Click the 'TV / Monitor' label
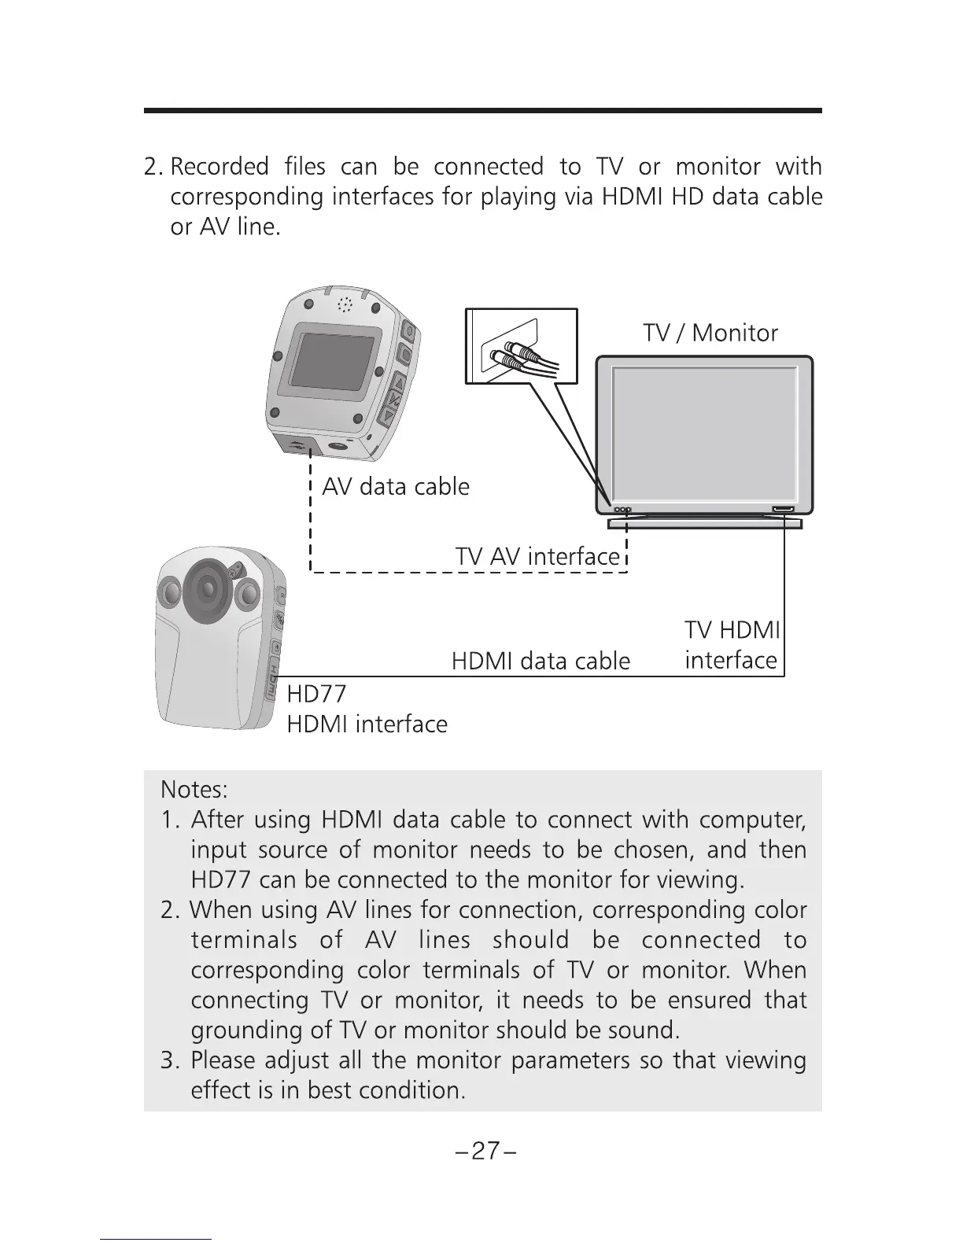(710, 334)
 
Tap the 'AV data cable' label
(396, 487)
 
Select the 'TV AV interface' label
(537, 557)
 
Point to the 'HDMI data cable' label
(541, 661)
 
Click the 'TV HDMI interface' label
(731, 645)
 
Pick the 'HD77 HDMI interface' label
(367, 710)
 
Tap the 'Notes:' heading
(194, 788)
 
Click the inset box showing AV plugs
(521, 346)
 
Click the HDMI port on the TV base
(783, 510)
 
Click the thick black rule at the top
(482, 111)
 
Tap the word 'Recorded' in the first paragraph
(219, 168)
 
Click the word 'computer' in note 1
(751, 820)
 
